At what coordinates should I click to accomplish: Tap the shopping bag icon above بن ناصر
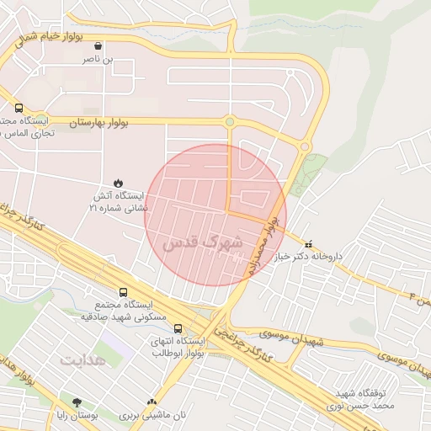[101, 46]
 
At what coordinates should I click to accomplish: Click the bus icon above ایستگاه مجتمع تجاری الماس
[19, 108]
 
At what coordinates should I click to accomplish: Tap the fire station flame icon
[119, 183]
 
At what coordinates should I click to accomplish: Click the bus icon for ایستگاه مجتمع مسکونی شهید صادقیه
[124, 293]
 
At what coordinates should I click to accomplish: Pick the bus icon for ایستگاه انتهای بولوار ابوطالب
[178, 328]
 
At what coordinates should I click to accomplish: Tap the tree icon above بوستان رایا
[77, 403]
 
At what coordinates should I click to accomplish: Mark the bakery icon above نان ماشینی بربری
[152, 403]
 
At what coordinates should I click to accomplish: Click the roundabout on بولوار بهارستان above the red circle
[229, 123]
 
